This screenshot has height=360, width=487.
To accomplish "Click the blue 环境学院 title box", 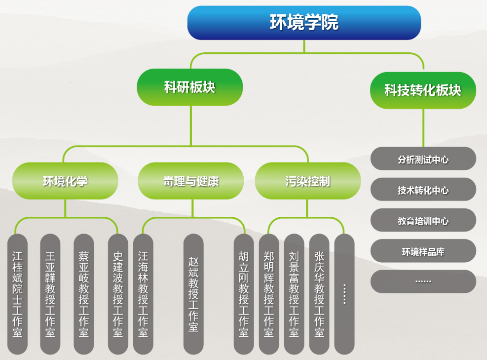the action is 304,23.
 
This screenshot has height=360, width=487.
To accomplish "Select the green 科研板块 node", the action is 190,87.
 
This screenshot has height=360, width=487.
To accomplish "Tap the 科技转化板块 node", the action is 423,90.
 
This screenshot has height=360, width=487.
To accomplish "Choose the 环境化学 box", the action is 65,181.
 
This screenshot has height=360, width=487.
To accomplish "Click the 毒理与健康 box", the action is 190,181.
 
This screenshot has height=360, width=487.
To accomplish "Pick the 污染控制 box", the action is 308,181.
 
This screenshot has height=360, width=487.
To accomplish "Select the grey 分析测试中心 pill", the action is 423,159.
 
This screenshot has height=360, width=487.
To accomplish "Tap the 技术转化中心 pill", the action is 423,189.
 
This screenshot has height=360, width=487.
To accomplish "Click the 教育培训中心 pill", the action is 423,220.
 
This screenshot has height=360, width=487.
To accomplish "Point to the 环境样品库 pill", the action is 423,251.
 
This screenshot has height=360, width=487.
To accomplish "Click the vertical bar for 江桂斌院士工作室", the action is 18,294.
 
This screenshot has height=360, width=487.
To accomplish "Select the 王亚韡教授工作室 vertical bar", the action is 50,294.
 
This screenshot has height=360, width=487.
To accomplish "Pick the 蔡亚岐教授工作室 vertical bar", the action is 84,294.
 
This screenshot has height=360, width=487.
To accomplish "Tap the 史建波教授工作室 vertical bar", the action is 118,294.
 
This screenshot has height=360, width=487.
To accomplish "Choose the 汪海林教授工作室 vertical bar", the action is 143,294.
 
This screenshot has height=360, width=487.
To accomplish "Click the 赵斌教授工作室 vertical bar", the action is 193,294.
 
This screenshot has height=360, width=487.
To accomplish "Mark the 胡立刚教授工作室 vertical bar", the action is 244,294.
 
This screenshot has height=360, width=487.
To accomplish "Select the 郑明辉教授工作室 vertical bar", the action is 269,294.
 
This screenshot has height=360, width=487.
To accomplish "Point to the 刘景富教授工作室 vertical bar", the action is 294,294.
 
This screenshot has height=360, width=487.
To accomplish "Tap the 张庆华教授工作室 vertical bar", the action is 319,294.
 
